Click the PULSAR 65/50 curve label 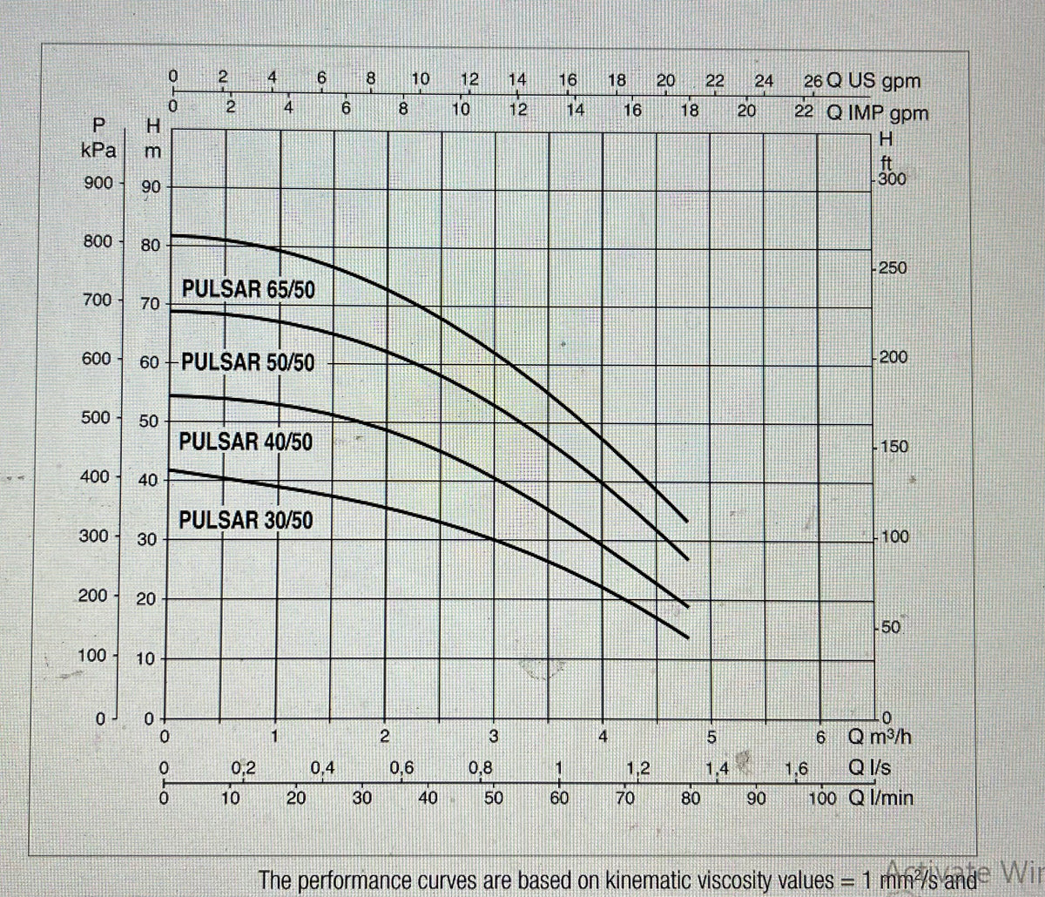click(x=248, y=289)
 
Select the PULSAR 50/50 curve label click(x=249, y=362)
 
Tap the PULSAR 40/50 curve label click(x=246, y=442)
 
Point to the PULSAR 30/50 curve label click(x=246, y=521)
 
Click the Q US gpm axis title click(x=873, y=82)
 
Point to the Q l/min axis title click(x=880, y=797)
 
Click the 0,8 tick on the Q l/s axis click(x=479, y=768)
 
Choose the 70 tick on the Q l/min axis click(x=624, y=798)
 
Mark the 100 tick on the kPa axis click(x=93, y=655)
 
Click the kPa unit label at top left click(x=98, y=150)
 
